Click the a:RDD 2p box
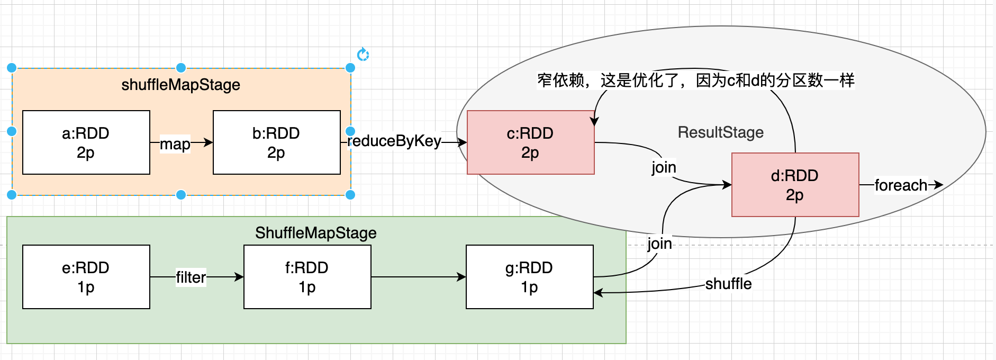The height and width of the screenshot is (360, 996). click(x=86, y=142)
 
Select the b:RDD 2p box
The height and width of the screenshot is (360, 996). click(x=277, y=142)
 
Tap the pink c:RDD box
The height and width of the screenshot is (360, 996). click(x=531, y=142)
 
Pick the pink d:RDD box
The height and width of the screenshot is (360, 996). click(x=795, y=185)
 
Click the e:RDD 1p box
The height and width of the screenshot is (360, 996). click(x=86, y=277)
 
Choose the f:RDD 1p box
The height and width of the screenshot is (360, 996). click(x=307, y=277)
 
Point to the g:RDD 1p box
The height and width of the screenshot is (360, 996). click(x=530, y=277)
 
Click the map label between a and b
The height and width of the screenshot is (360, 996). click(x=175, y=144)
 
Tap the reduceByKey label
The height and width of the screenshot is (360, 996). click(x=394, y=141)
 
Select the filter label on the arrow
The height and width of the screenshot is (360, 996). click(x=191, y=277)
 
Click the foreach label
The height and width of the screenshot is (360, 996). click(x=901, y=185)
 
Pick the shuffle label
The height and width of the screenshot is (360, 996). click(x=728, y=284)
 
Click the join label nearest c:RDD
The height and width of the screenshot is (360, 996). click(x=664, y=167)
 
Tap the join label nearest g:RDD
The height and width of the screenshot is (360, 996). click(x=659, y=244)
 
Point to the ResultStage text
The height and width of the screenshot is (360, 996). click(x=721, y=132)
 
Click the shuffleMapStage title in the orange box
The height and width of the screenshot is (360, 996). click(x=181, y=85)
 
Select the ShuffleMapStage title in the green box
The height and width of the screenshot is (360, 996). click(x=316, y=233)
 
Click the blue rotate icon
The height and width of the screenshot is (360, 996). click(x=363, y=55)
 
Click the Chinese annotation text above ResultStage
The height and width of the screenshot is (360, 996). click(x=696, y=80)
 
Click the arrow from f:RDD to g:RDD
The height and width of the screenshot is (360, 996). click(x=419, y=277)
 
